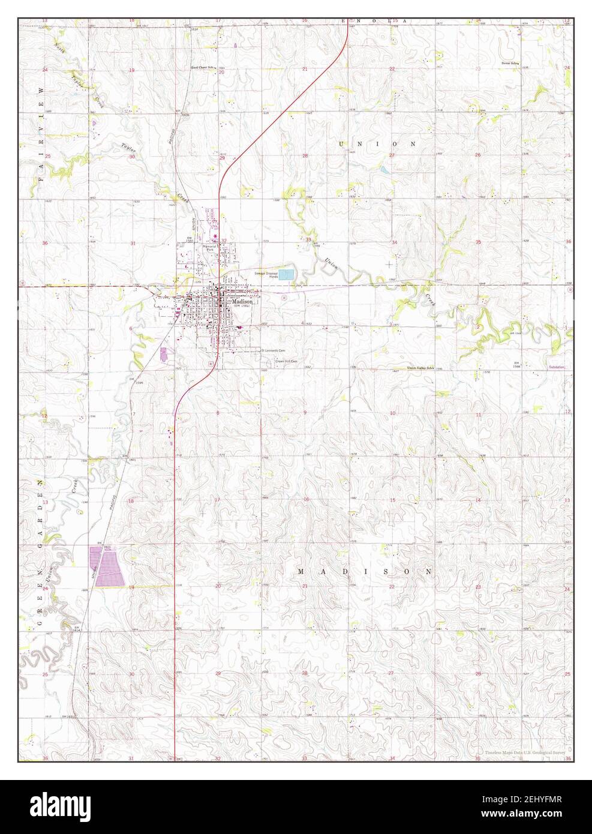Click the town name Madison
coord(244,302)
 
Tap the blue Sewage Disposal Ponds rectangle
coord(287,275)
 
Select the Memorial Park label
coord(209,248)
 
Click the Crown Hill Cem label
coord(286,362)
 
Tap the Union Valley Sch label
coord(420,368)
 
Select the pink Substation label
coord(557,367)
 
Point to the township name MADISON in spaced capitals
coord(364,572)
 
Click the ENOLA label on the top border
coord(374,21)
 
